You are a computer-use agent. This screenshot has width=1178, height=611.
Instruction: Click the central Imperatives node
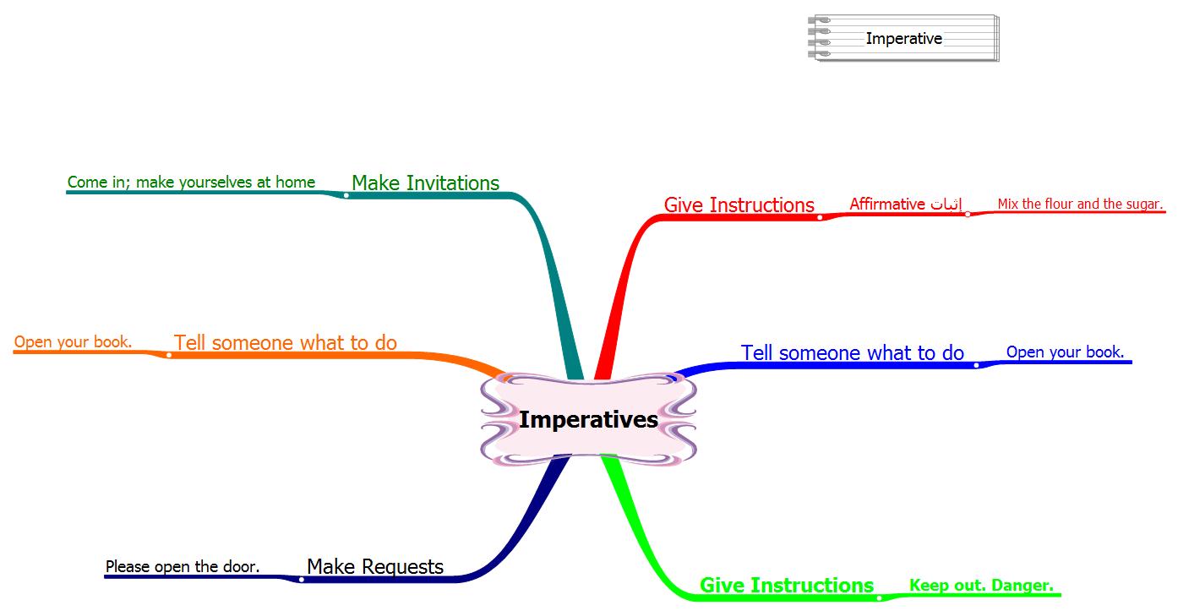click(588, 420)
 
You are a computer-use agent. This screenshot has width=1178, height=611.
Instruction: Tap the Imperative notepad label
click(903, 38)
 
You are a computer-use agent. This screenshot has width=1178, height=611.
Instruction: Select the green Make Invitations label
click(425, 183)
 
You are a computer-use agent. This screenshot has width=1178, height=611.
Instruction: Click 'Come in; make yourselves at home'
click(191, 182)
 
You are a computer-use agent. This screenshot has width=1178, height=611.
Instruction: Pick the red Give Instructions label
click(739, 205)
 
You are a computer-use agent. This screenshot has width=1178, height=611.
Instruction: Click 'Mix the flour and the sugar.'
click(1080, 204)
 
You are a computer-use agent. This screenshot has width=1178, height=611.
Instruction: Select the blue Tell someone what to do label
click(852, 352)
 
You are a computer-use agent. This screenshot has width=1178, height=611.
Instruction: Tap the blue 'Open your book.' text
click(1065, 352)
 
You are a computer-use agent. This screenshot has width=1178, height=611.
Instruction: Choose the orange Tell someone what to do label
click(285, 342)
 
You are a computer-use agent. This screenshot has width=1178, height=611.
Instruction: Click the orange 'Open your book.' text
click(73, 341)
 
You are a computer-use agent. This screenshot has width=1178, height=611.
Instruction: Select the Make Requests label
click(374, 566)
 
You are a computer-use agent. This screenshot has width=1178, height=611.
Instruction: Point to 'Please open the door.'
click(182, 566)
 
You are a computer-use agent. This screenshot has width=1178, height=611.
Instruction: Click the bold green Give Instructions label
click(786, 585)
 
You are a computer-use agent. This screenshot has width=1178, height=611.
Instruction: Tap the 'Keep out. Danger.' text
click(980, 585)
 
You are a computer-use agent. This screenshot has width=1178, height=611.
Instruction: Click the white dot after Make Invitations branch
click(346, 195)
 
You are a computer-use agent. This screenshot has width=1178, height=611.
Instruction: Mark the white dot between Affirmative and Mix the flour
click(968, 214)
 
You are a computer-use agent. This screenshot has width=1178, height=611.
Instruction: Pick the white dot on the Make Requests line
click(301, 579)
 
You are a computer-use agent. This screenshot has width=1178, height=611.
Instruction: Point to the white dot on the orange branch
click(169, 355)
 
